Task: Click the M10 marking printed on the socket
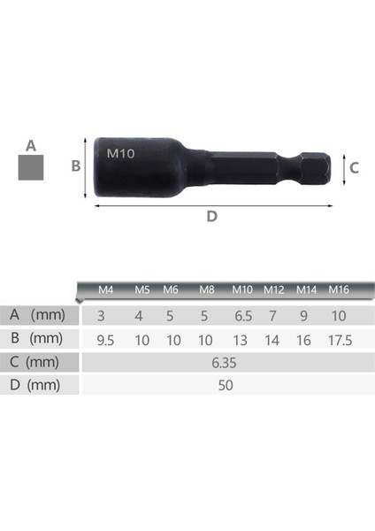pyautogui.click(x=120, y=152)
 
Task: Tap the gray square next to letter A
pyautogui.click(x=32, y=167)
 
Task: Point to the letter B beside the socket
pyautogui.click(x=76, y=165)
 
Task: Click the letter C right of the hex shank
pyautogui.click(x=353, y=166)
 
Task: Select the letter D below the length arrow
pyautogui.click(x=211, y=216)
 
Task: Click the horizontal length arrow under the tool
pyautogui.click(x=212, y=204)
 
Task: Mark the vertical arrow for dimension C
pyautogui.click(x=340, y=166)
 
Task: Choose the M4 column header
pyautogui.click(x=106, y=289)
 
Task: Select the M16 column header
pyautogui.click(x=339, y=289)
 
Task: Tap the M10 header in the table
pyautogui.click(x=242, y=289)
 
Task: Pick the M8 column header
pyautogui.click(x=207, y=289)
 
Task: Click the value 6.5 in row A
pyautogui.click(x=242, y=315)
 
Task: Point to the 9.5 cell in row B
pyautogui.click(x=106, y=339)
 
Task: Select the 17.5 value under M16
pyautogui.click(x=339, y=339)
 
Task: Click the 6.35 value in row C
pyautogui.click(x=225, y=362)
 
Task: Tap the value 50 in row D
pyautogui.click(x=225, y=385)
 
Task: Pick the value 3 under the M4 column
pyautogui.click(x=102, y=315)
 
